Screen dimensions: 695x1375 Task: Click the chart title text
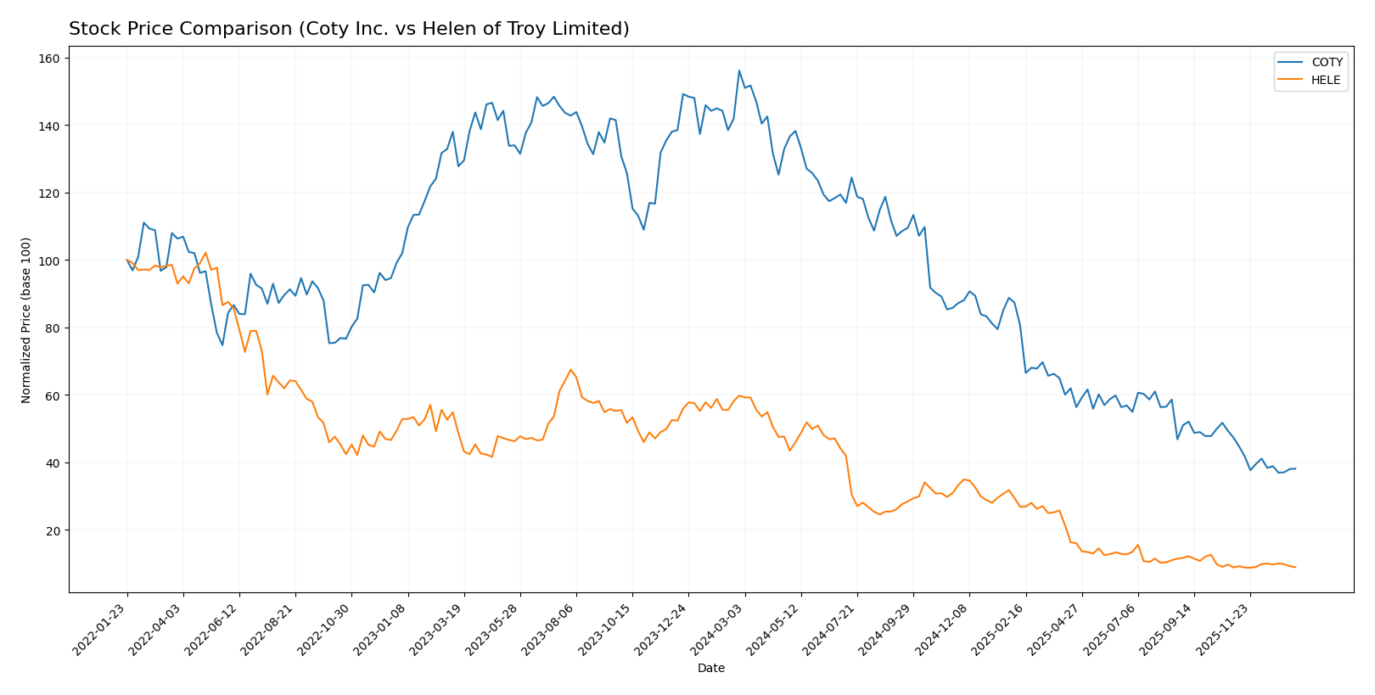tap(349, 29)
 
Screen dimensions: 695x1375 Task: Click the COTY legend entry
tap(1326, 62)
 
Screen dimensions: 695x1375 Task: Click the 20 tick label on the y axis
tap(52, 530)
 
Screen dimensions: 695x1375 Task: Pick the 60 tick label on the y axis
tap(52, 395)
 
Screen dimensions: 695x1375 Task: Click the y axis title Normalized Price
tap(26, 320)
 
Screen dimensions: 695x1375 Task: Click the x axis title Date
tap(711, 668)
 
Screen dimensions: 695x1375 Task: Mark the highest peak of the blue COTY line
tap(739, 70)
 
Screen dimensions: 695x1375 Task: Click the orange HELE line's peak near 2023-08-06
tap(570, 370)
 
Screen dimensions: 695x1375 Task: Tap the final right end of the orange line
tap(1295, 567)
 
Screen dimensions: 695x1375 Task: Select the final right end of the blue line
tap(1295, 468)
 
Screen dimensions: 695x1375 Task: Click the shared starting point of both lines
tap(126, 260)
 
